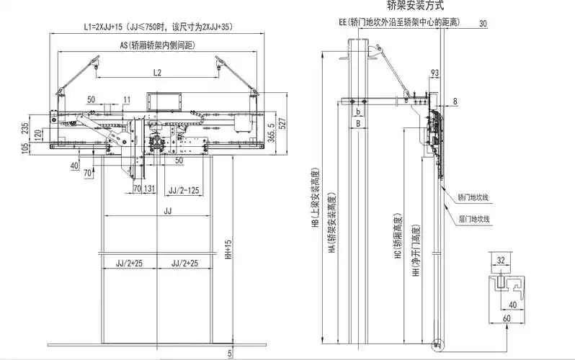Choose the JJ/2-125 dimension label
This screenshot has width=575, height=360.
click(x=183, y=189)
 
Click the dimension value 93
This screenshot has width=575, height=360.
click(x=434, y=73)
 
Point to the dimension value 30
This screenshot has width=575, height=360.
click(x=482, y=22)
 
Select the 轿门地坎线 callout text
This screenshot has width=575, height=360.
click(x=473, y=197)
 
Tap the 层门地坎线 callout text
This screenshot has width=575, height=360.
click(x=473, y=218)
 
